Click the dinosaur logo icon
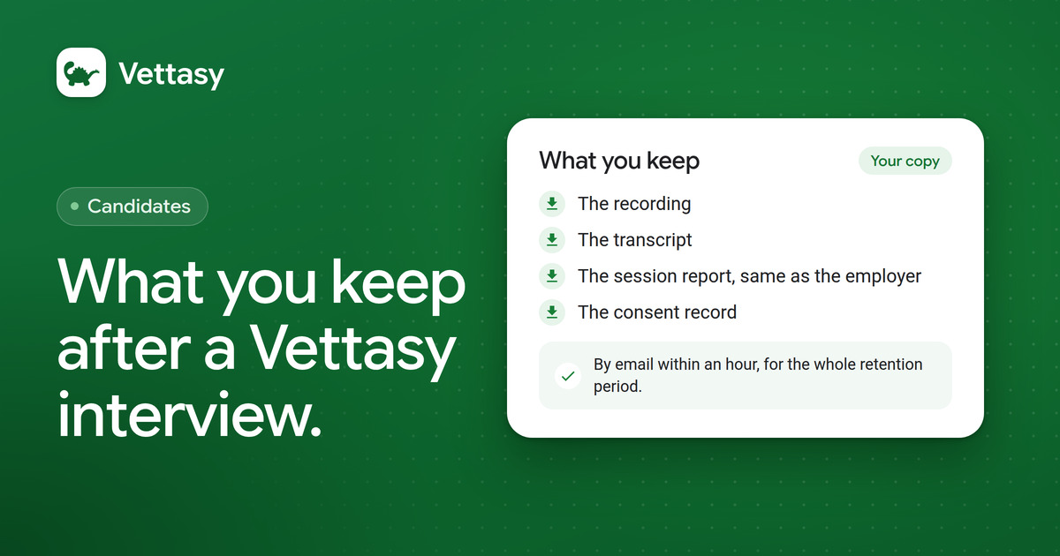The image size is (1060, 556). (81, 72)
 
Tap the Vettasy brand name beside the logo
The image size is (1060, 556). (171, 74)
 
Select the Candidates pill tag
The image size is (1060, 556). (132, 207)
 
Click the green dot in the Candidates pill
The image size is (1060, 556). (74, 207)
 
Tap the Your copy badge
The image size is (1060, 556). (905, 161)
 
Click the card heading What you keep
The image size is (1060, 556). (619, 161)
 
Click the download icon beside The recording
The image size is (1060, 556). (552, 204)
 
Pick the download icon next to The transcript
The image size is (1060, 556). (552, 240)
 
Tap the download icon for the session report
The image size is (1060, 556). (552, 276)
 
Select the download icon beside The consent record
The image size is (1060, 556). (552, 312)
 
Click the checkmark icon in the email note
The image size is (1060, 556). (568, 376)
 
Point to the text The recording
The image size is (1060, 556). (634, 204)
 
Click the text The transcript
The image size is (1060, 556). (634, 240)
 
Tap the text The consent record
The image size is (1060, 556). (657, 312)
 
